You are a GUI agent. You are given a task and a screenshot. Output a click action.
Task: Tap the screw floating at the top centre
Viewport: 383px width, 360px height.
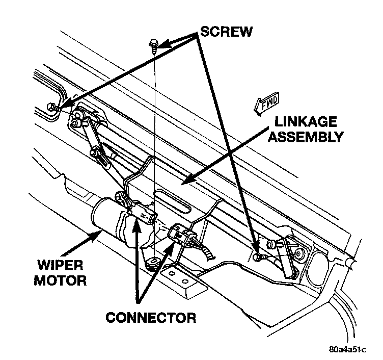pyautogui.click(x=153, y=45)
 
